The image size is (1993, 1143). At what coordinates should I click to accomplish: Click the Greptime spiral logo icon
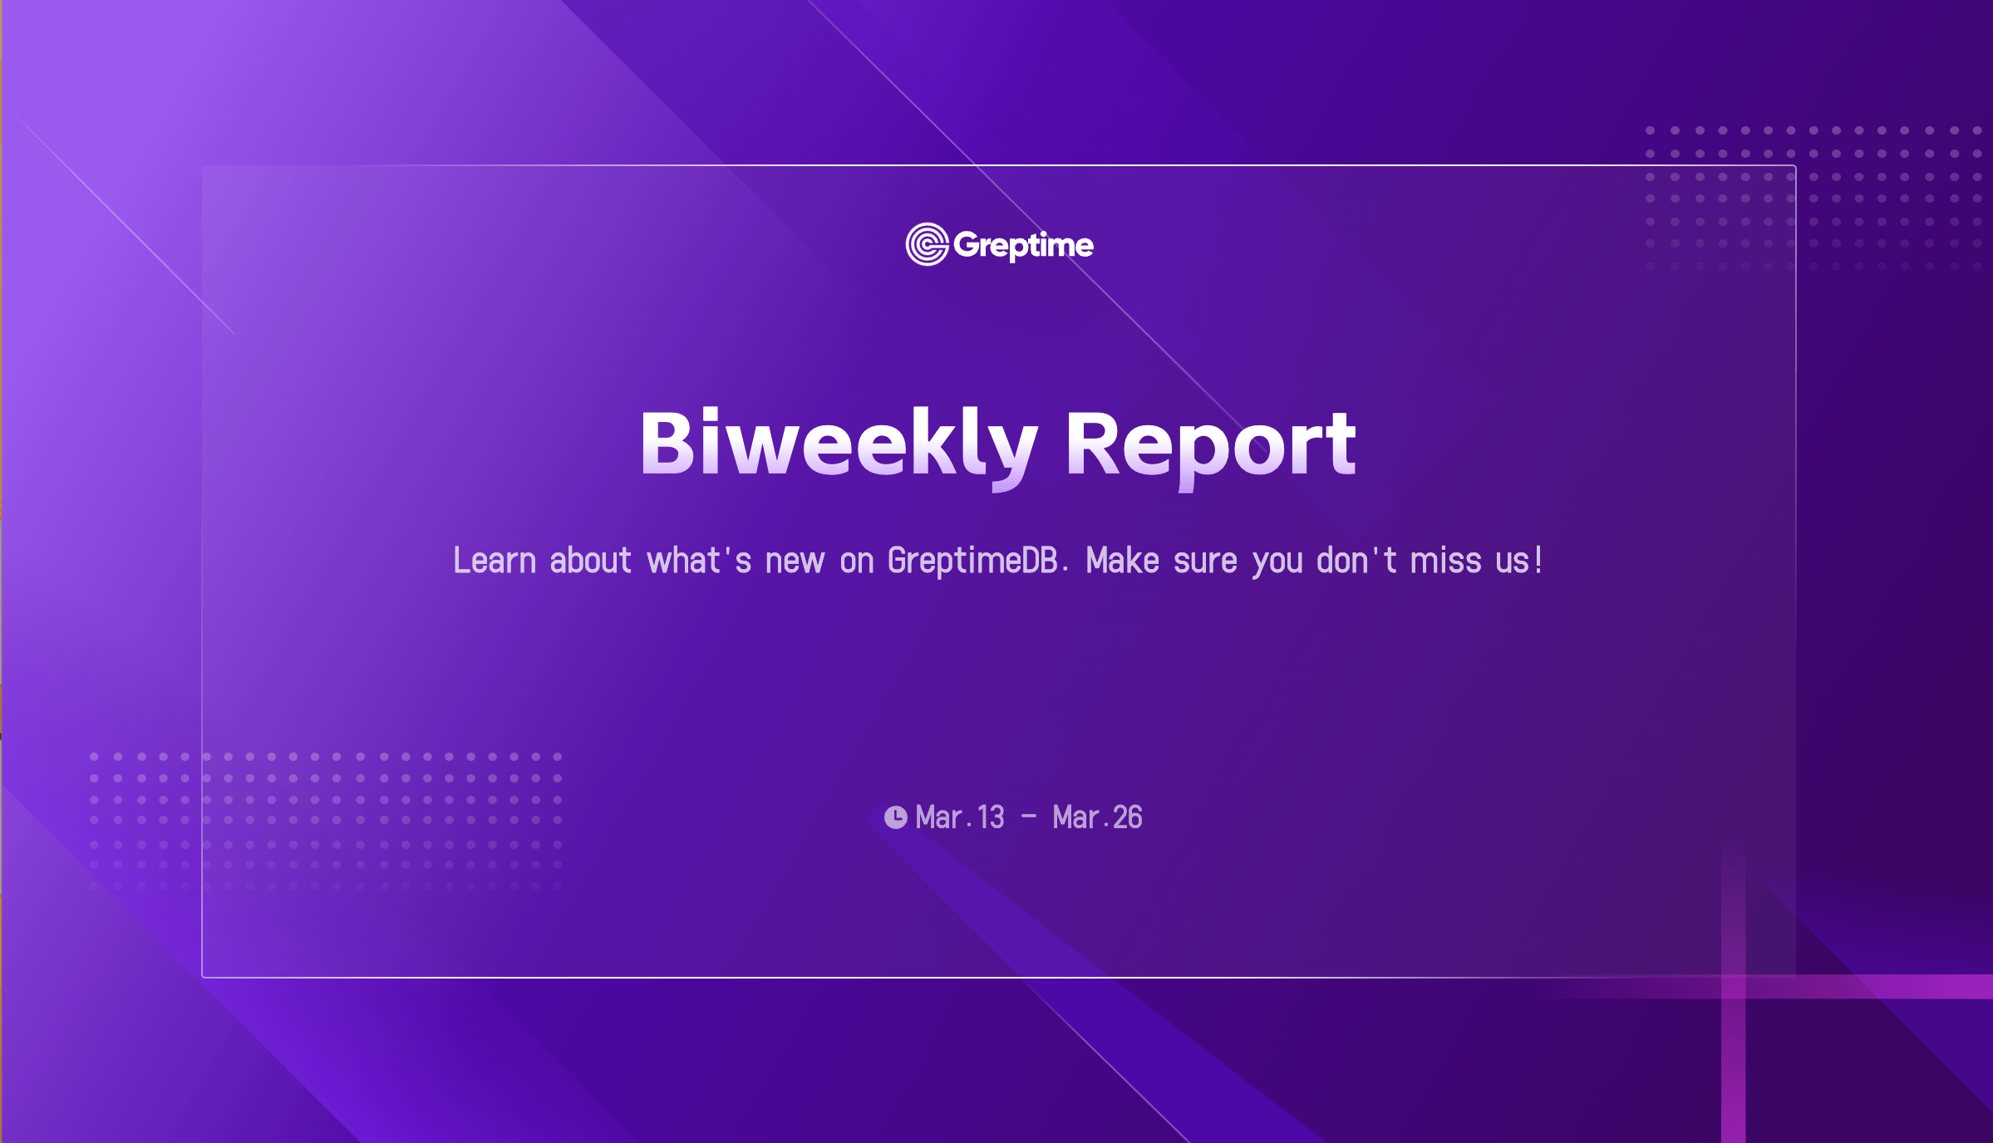coord(927,244)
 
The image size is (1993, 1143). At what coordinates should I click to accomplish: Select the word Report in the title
coord(1211,449)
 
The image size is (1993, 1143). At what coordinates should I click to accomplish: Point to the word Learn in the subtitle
coord(495,561)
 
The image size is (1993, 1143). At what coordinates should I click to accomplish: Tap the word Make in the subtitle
coord(1122,561)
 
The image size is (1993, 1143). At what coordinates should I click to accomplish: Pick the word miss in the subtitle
coord(1445,561)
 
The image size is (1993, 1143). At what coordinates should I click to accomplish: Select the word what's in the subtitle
coord(699,561)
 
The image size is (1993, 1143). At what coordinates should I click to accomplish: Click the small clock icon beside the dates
coord(895,817)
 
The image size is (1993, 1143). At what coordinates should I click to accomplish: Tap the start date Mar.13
coord(960,817)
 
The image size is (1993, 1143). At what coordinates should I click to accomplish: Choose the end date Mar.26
coord(1097,817)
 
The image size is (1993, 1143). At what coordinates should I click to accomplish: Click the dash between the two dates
coord(1029,817)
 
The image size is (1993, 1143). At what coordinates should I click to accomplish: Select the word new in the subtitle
coord(795,562)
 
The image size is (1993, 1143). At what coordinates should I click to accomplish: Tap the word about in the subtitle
coord(590,561)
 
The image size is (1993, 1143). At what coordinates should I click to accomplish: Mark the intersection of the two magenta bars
coord(1734,987)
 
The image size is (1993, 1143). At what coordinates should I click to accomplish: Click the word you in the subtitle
coord(1277,565)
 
